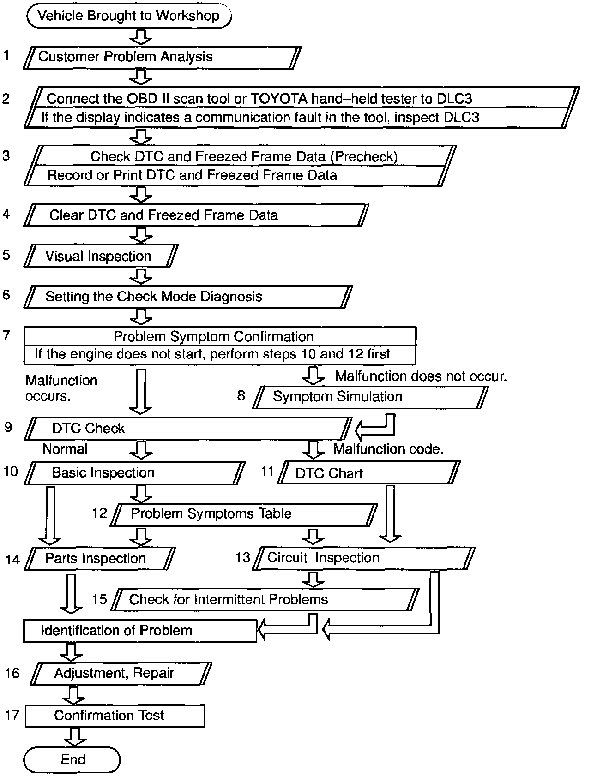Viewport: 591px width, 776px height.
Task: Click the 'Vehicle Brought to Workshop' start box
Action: click(x=129, y=16)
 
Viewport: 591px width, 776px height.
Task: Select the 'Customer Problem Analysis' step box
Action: click(x=162, y=57)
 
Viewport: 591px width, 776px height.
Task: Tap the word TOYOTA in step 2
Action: click(x=276, y=99)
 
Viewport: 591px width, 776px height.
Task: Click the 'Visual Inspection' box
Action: click(x=101, y=256)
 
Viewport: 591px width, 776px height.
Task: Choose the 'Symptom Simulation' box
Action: click(x=369, y=397)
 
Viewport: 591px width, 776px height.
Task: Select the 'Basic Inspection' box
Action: click(x=134, y=473)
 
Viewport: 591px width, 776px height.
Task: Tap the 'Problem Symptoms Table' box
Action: click(x=245, y=514)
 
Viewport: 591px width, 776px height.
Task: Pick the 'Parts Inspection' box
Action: click(x=99, y=559)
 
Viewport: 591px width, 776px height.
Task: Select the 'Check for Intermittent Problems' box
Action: click(x=265, y=600)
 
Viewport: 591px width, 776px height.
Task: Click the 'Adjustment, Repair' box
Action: click(x=121, y=673)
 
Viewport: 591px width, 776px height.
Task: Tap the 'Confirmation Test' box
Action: click(x=115, y=716)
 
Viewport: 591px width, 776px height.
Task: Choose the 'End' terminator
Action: click(x=72, y=760)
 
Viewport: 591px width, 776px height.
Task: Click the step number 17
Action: click(x=12, y=715)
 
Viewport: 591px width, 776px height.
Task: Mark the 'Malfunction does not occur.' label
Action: click(x=421, y=376)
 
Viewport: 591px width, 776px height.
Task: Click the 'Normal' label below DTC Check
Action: click(x=65, y=449)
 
